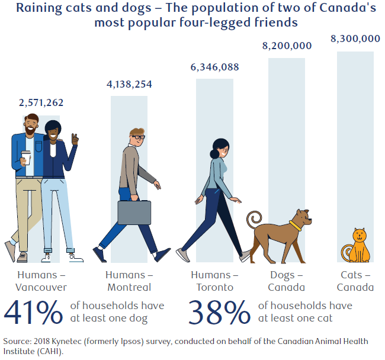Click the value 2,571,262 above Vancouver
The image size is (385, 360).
click(x=41, y=102)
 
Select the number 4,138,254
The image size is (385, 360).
click(x=129, y=84)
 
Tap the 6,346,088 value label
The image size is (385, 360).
click(x=214, y=67)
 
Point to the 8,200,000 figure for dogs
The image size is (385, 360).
click(x=287, y=46)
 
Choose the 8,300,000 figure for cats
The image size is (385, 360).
click(x=355, y=39)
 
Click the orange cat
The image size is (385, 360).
click(x=357, y=246)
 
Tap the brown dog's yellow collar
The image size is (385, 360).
click(x=295, y=225)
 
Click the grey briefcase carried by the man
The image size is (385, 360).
click(x=134, y=211)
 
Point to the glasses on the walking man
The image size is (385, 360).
click(x=138, y=137)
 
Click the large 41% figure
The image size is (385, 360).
click(x=34, y=313)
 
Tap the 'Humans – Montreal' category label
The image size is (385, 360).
click(x=129, y=281)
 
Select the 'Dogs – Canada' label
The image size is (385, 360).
click(x=287, y=281)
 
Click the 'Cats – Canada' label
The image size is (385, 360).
click(x=356, y=281)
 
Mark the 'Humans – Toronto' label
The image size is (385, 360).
click(x=214, y=281)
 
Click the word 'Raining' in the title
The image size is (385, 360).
click(x=39, y=8)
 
